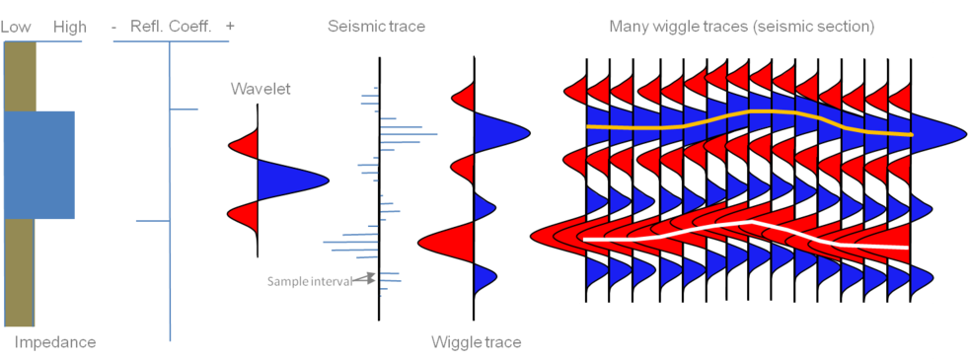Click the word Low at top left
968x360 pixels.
[15, 28]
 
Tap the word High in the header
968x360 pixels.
[69, 28]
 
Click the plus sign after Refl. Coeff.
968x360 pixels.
[230, 28]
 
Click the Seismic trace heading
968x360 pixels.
[376, 27]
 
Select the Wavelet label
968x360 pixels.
[261, 89]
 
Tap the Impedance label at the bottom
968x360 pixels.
[55, 342]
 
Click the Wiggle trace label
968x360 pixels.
[477, 342]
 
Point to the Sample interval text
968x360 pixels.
[309, 281]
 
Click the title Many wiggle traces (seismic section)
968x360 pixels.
[741, 27]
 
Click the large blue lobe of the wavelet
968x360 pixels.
[286, 180]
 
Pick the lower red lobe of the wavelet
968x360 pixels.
[246, 215]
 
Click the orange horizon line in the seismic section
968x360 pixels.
[750, 114]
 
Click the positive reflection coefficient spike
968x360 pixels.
[185, 108]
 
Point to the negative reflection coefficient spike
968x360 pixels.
[153, 221]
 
